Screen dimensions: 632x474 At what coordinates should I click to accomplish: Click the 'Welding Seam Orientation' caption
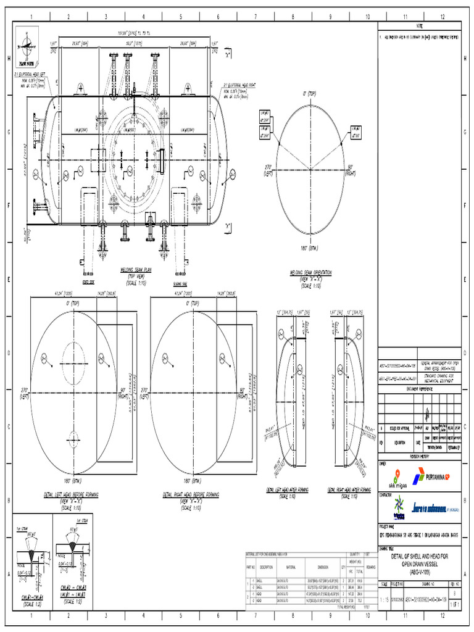(x=310, y=272)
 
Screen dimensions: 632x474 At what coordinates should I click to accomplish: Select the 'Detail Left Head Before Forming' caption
(x=71, y=494)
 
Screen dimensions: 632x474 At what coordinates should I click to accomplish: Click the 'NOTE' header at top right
(x=420, y=26)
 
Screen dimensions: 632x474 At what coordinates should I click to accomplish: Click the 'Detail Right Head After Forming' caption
(x=350, y=489)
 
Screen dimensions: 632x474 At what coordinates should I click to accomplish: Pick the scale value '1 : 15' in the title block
(x=384, y=599)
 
